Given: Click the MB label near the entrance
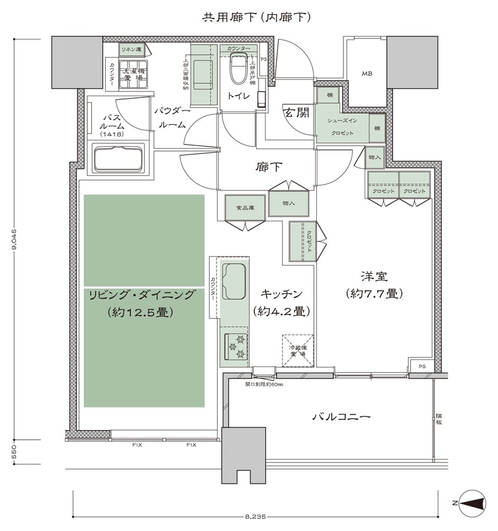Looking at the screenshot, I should pos(367,74).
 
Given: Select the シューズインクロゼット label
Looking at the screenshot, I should pos(340,126).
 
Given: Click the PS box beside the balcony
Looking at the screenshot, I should pos(421,365).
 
